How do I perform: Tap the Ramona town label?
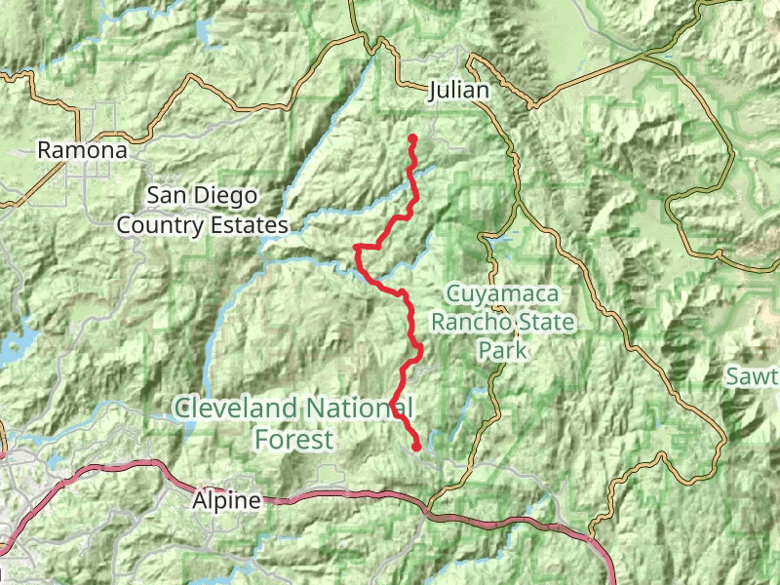coord(82,151)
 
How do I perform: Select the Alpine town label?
coord(226,501)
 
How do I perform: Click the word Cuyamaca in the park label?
coord(501,292)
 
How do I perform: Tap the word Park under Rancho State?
coord(502,350)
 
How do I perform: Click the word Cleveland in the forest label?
coord(237,408)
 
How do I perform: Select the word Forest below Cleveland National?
coord(292,439)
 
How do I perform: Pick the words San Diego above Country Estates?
coord(202,196)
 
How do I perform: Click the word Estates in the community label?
coord(251,225)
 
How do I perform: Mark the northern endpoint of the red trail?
coord(412,138)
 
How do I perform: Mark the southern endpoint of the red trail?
coord(416,447)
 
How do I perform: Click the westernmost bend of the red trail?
coord(356,251)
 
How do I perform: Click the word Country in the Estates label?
coord(160,225)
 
